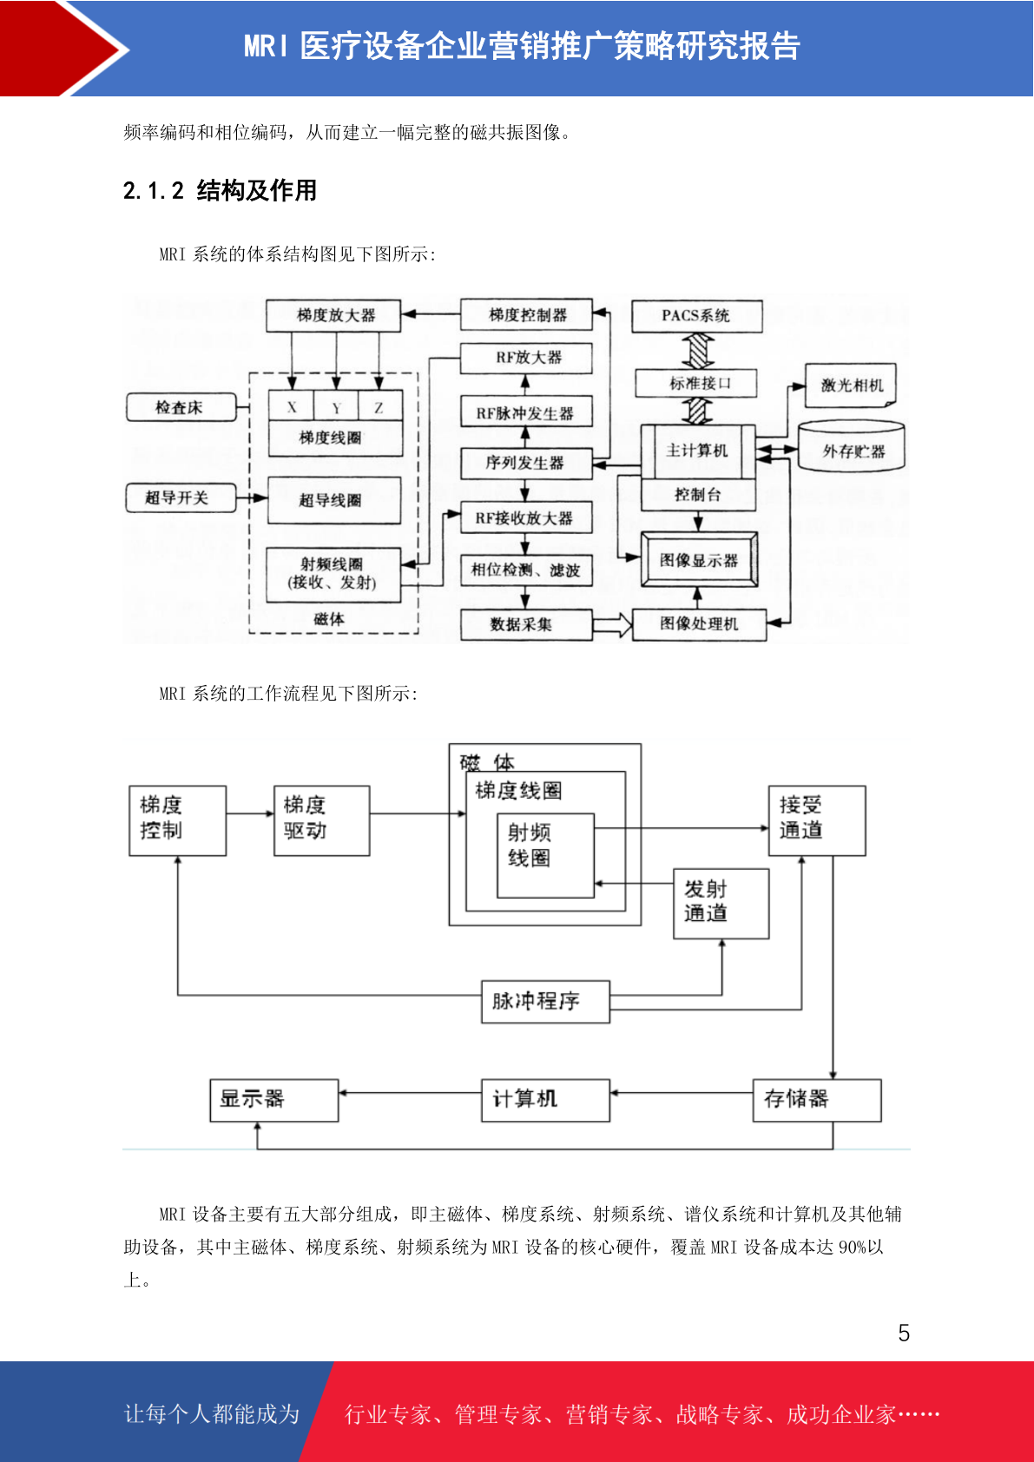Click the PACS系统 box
[x=696, y=316]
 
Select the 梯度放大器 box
[x=333, y=315]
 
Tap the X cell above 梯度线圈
[x=291, y=406]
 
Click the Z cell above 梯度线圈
[x=379, y=406]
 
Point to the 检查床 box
[x=181, y=407]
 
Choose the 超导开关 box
[x=181, y=498]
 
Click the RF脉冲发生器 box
[x=525, y=412]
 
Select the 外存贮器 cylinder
[x=851, y=445]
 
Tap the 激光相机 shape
[x=851, y=385]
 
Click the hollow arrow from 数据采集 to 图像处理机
[x=612, y=624]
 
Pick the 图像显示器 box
[x=699, y=559]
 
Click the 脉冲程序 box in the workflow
[x=545, y=1001]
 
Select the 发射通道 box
[x=721, y=903]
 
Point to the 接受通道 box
[x=817, y=820]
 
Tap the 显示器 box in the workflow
[x=273, y=1101]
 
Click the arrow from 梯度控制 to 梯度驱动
[x=250, y=813]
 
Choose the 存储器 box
[x=817, y=1101]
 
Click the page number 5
[x=904, y=1333]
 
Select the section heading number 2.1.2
[x=154, y=191]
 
